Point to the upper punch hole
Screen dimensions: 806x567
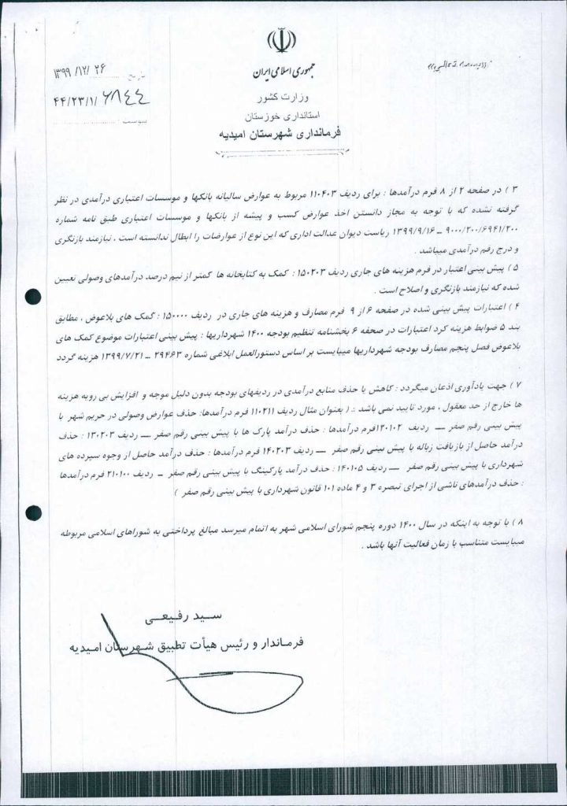[33, 297]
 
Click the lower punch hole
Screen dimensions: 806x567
[33, 512]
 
